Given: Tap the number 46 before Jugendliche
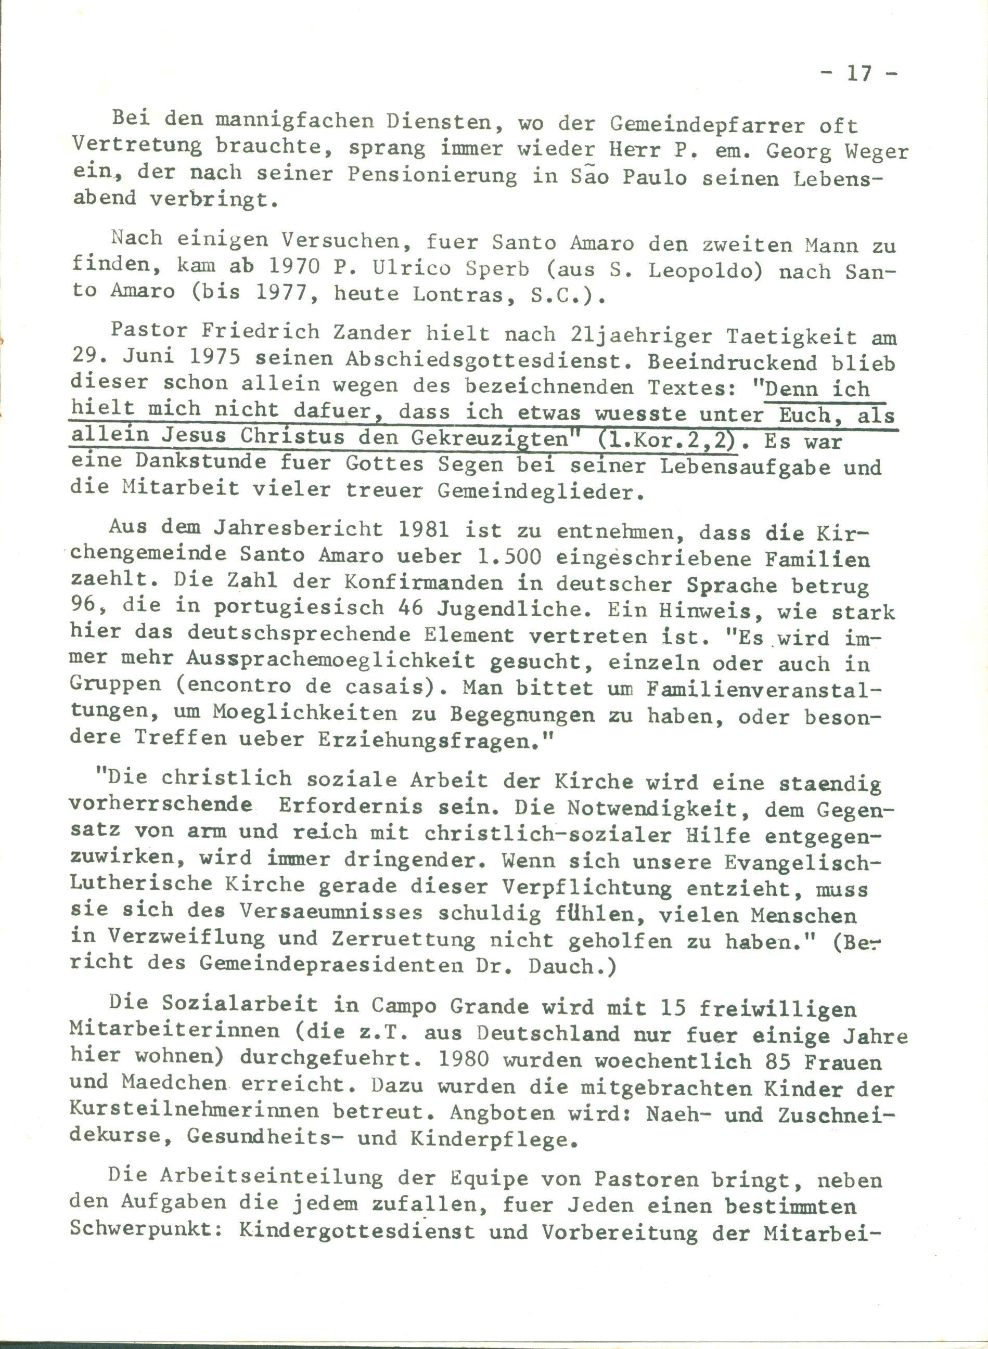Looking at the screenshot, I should pos(408,607).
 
